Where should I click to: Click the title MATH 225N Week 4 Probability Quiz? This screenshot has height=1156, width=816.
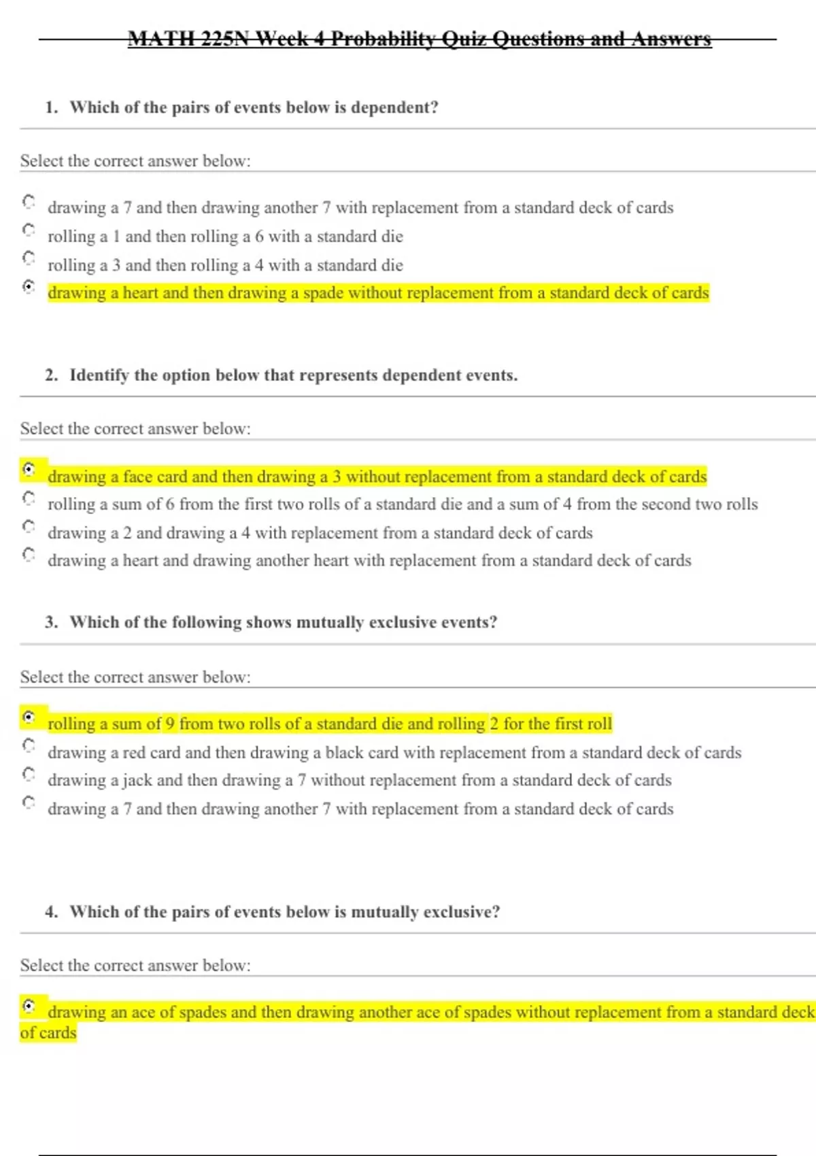pyautogui.click(x=420, y=39)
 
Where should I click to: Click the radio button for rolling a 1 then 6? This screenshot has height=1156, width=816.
pyautogui.click(x=29, y=230)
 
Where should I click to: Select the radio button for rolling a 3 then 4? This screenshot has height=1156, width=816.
pyautogui.click(x=29, y=258)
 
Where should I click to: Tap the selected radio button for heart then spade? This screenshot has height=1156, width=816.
pyautogui.click(x=29, y=286)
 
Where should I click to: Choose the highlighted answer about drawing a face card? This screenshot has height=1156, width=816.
pyautogui.click(x=377, y=477)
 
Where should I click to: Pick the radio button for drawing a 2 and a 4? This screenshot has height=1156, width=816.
pyautogui.click(x=29, y=526)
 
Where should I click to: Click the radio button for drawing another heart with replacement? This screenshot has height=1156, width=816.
pyautogui.click(x=29, y=554)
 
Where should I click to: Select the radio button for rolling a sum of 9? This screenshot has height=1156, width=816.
pyautogui.click(x=29, y=717)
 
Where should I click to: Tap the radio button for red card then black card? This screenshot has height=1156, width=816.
pyautogui.click(x=29, y=745)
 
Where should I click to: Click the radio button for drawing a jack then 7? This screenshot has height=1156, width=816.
pyautogui.click(x=29, y=774)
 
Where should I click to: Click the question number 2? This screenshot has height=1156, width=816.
pyautogui.click(x=51, y=375)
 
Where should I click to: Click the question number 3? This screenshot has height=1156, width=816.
pyautogui.click(x=51, y=622)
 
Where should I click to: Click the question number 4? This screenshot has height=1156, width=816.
pyautogui.click(x=51, y=912)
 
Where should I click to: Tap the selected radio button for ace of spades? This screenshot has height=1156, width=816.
pyautogui.click(x=29, y=1005)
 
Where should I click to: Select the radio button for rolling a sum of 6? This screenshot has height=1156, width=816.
pyautogui.click(x=29, y=498)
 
